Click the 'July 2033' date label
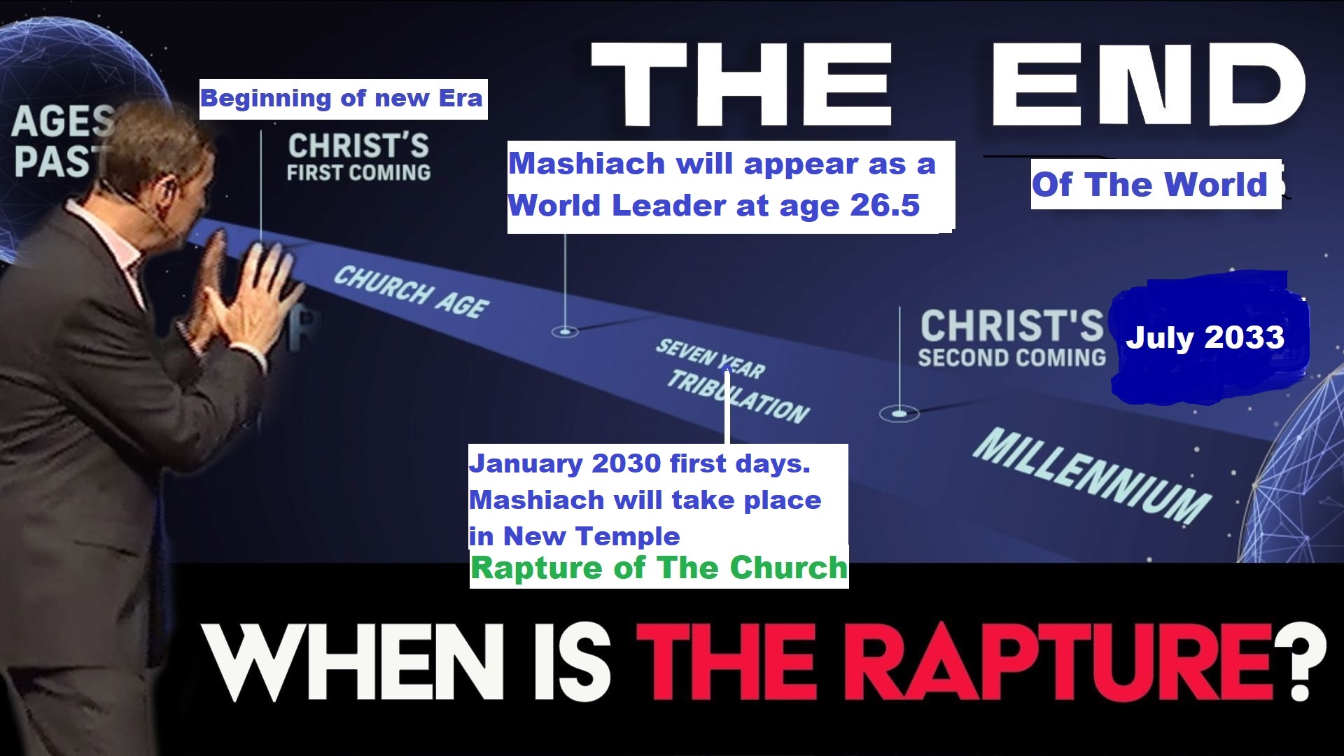[x=1205, y=337]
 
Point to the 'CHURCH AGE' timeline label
[x=412, y=291]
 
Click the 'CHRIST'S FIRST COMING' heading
[x=358, y=157]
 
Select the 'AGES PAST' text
[x=63, y=141]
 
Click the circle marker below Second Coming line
[x=899, y=414]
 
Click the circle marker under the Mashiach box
[x=565, y=330]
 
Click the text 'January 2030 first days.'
[x=640, y=463]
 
